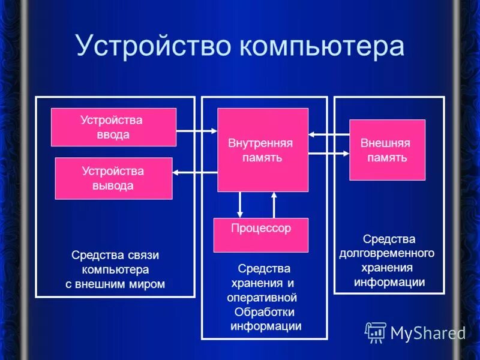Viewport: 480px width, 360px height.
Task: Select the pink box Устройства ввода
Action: tap(113, 127)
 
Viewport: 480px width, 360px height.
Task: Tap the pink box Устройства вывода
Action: tap(113, 178)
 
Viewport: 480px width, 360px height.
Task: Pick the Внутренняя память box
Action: tap(262, 150)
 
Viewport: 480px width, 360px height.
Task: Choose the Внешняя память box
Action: tap(387, 150)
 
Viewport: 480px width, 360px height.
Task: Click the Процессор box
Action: tap(261, 235)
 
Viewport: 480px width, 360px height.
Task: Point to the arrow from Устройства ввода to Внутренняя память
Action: tap(197, 130)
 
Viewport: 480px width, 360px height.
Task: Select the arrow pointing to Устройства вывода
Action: tap(194, 173)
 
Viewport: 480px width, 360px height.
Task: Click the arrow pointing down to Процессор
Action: tap(240, 205)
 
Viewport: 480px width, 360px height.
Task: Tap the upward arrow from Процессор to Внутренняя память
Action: tap(274, 205)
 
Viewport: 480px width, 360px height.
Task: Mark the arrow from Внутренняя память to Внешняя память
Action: tap(329, 154)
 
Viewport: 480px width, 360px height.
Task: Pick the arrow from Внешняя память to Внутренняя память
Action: tap(329, 134)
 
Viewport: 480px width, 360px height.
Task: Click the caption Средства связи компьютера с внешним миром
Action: tap(115, 269)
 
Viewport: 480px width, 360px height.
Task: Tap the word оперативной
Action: tap(262, 298)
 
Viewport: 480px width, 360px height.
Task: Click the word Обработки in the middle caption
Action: tap(265, 312)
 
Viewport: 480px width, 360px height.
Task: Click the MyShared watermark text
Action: tap(428, 333)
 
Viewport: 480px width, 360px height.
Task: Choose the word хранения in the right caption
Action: tap(387, 268)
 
